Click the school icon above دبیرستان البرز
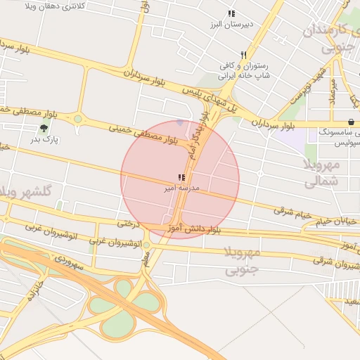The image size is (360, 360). click(x=231, y=13)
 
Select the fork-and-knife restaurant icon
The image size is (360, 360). click(x=244, y=55)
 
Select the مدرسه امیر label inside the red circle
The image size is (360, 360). click(x=181, y=188)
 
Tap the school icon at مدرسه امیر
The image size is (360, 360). click(x=181, y=177)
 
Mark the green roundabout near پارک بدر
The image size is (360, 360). click(x=77, y=118)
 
